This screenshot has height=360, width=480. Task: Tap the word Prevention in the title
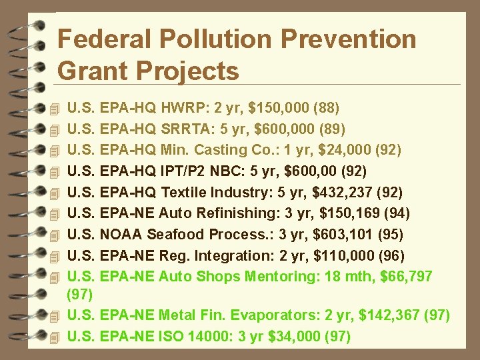[x=349, y=39]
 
